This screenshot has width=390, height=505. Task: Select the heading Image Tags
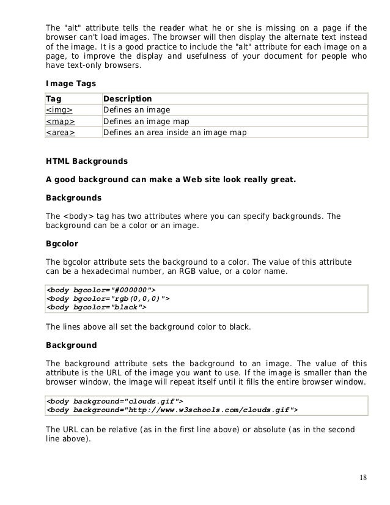[x=68, y=84]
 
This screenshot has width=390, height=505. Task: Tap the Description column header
[x=127, y=99]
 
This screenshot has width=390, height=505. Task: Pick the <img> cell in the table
[x=59, y=110]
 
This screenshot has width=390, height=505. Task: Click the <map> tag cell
[x=61, y=121]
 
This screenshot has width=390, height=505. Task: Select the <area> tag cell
[x=61, y=132]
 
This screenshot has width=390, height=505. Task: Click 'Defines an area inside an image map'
[x=175, y=132]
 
